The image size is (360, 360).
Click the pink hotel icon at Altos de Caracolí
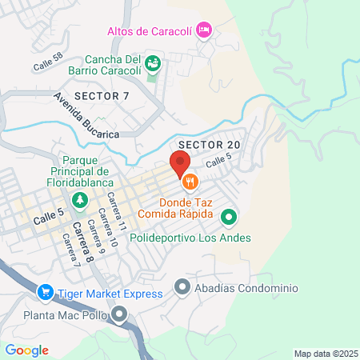click(203, 30)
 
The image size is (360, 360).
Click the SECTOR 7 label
click(102, 96)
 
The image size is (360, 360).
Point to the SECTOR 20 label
click(210, 144)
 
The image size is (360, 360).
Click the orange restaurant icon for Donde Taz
click(190, 182)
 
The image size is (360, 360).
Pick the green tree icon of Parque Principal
click(79, 199)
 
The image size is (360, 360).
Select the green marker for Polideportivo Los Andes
click(229, 217)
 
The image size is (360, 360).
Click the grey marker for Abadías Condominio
click(182, 286)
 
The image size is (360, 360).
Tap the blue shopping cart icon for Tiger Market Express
click(46, 294)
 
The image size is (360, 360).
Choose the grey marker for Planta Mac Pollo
click(120, 314)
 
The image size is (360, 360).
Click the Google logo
click(27, 350)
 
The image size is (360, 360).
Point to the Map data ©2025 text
click(324, 354)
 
